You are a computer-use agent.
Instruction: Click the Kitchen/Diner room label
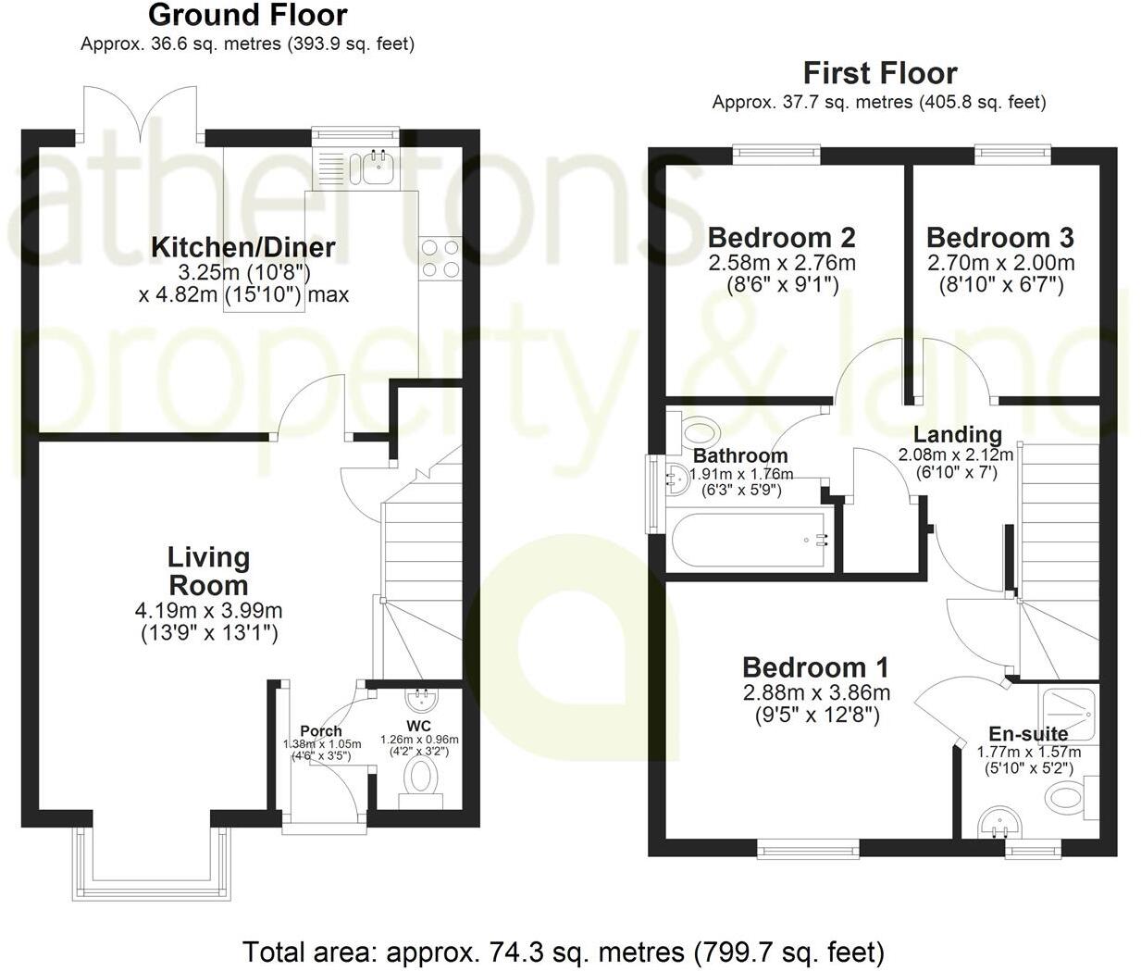[x=242, y=247]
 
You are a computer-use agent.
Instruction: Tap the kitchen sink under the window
[x=378, y=168]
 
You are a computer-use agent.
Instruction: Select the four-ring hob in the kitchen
[x=440, y=258]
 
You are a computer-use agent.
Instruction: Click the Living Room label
[x=208, y=571]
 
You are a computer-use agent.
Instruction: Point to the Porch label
[x=321, y=731]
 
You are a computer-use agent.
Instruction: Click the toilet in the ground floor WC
[x=421, y=778]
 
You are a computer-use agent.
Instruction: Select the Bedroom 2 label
[x=782, y=238]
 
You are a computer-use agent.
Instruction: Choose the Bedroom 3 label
[x=1000, y=238]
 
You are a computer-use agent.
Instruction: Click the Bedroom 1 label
[x=815, y=667]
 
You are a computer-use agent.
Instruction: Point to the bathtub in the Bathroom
[x=750, y=541]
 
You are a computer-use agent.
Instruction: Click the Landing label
[x=957, y=434]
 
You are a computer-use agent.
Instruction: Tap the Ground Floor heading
[x=247, y=16]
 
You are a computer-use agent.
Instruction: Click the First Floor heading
[x=879, y=72]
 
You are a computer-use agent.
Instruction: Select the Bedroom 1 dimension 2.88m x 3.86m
[x=816, y=693]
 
